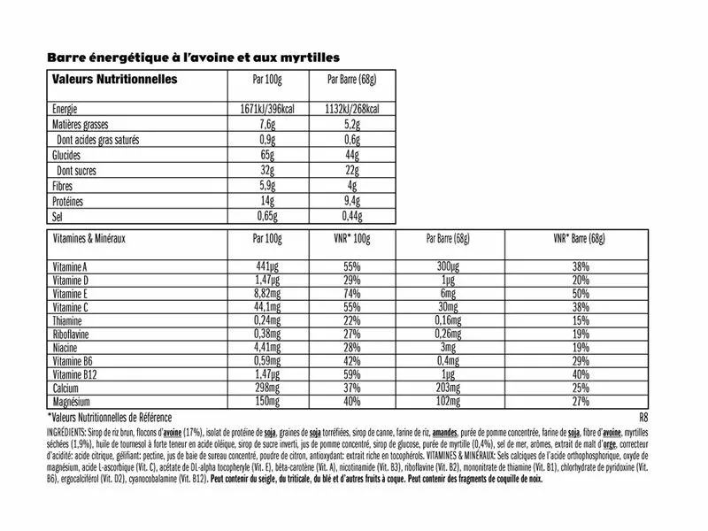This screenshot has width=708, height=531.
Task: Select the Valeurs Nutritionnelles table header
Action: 114,80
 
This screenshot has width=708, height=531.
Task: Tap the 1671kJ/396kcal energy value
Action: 266,109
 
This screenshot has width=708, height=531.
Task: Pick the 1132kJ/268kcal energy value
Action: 353,109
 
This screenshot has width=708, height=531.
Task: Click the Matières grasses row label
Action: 83,125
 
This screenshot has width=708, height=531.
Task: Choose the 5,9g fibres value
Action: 266,187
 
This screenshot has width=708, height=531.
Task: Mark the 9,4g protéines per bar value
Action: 353,203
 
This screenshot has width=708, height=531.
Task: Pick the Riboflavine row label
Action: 75,335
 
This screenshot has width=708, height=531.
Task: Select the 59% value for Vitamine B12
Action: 353,375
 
